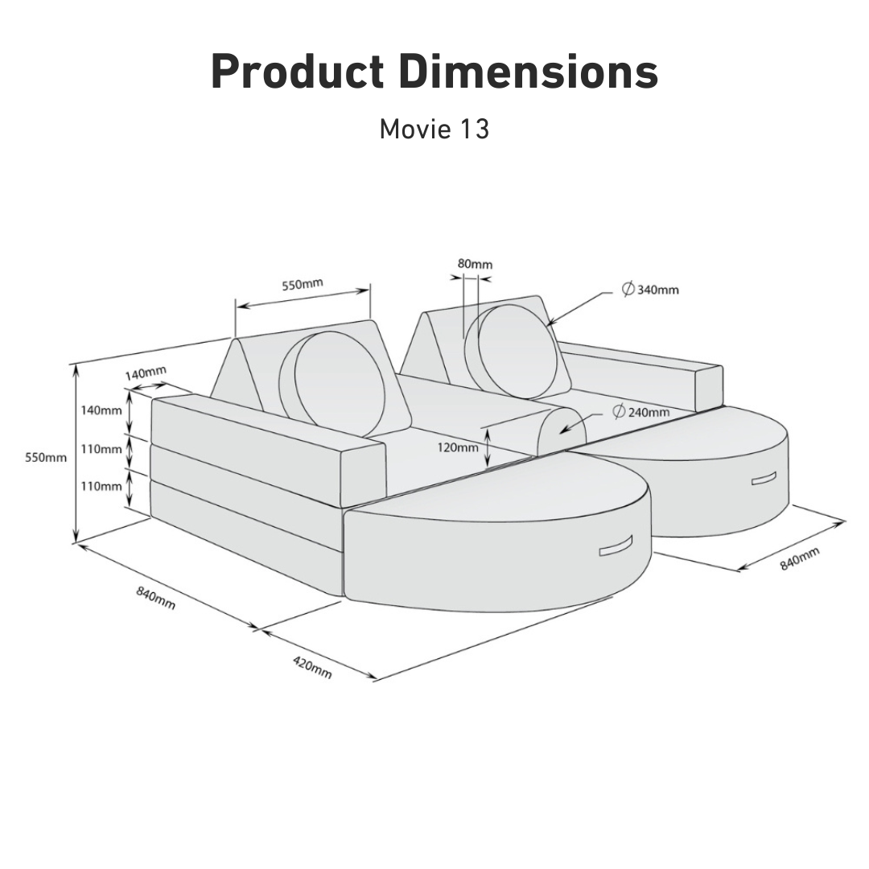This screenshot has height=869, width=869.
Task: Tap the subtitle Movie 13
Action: pos(434,129)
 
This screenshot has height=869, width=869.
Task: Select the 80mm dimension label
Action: pos(475,264)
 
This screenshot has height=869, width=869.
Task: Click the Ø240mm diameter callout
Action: pos(641,412)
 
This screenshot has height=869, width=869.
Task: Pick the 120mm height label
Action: pos(458,447)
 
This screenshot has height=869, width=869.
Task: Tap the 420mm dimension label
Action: pos(312,667)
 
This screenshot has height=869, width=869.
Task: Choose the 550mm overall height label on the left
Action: pos(46,458)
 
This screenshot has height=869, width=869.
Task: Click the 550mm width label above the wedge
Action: pos(303,284)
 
